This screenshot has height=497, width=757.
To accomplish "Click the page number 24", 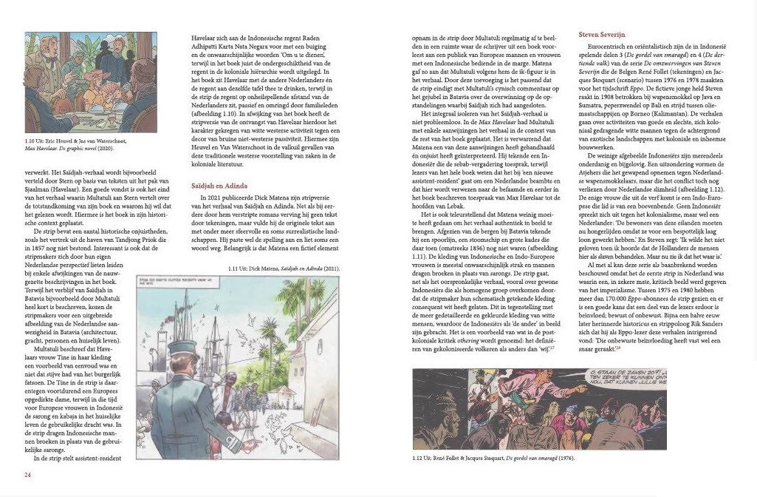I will tap(27, 475).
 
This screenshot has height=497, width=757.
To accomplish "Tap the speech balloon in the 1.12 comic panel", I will tap(671, 383).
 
